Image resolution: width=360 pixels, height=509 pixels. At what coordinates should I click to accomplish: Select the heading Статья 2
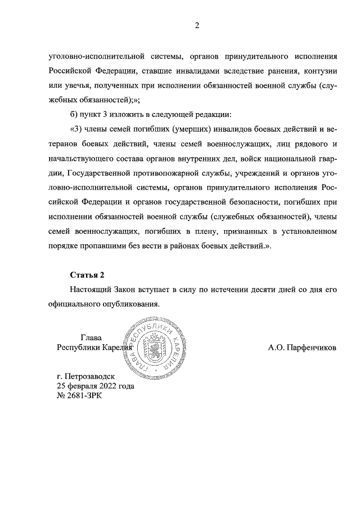tap(87, 274)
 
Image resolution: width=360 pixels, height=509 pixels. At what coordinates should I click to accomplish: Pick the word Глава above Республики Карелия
tap(92, 337)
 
